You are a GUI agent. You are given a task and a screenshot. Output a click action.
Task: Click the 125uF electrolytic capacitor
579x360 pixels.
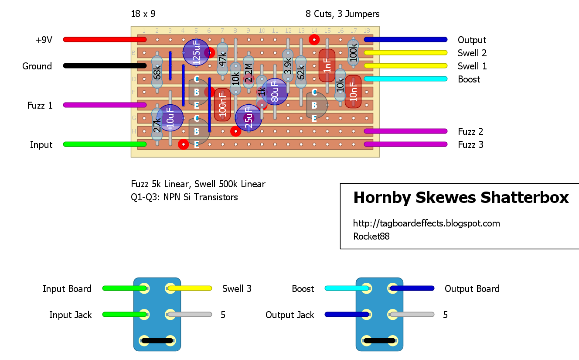(196, 52)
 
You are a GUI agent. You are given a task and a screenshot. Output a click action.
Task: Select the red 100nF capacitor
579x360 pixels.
(222, 105)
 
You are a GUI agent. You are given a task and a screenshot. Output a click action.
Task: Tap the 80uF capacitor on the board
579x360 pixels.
(275, 92)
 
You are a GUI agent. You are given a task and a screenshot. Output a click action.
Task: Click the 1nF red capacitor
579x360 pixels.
(327, 65)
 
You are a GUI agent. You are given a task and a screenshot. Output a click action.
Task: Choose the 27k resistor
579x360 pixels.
(157, 125)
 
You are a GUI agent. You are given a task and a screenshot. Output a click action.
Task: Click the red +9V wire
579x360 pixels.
(105, 39)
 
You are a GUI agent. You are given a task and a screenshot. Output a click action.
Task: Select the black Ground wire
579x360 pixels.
(105, 65)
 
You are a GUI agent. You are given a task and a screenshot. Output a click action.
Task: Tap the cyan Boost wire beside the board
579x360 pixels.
(405, 79)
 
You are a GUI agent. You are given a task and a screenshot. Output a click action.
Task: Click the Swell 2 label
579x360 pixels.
(472, 53)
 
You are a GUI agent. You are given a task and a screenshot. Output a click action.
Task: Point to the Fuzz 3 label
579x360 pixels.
(470, 145)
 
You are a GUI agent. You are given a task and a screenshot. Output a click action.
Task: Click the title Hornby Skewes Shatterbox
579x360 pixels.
(461, 198)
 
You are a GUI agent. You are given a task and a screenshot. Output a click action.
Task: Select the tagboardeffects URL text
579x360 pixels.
(426, 223)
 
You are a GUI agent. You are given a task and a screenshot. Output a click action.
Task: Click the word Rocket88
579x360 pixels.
(371, 237)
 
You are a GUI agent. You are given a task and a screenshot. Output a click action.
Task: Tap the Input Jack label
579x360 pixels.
(70, 315)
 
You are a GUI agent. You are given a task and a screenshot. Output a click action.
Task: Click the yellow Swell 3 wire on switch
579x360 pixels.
(190, 288)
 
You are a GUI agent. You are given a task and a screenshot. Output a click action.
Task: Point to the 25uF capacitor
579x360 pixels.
(248, 118)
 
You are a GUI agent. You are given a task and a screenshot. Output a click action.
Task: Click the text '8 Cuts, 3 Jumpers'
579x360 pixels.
(342, 14)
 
